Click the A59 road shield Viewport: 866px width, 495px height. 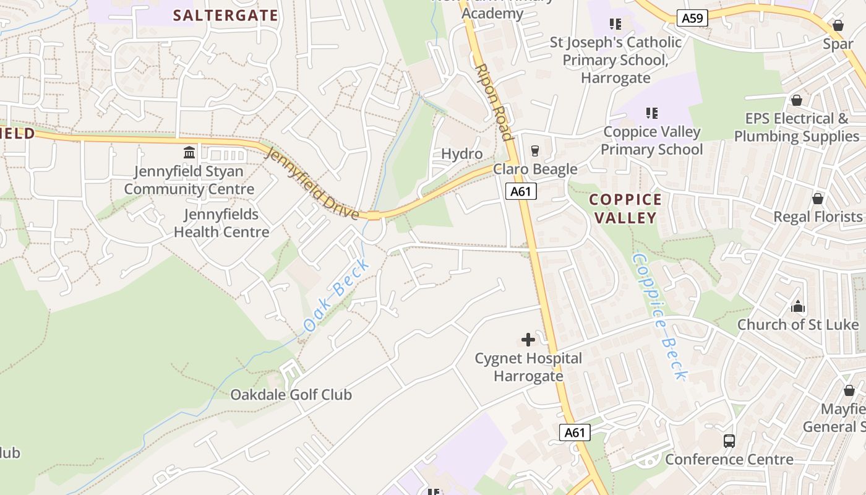(x=692, y=19)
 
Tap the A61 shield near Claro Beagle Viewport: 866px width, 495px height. (x=521, y=191)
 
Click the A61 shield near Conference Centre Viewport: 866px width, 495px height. (x=575, y=433)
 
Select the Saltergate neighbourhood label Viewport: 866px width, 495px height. (x=226, y=15)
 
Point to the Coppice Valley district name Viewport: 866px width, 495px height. (x=625, y=209)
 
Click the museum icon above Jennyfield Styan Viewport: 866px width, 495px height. (x=189, y=152)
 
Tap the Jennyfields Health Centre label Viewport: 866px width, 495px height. (x=221, y=223)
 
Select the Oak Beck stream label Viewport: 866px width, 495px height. (x=337, y=295)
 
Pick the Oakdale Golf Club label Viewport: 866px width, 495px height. (x=291, y=395)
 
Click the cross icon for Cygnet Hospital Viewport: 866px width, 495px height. (x=528, y=339)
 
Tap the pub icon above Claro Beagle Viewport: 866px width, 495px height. (x=535, y=150)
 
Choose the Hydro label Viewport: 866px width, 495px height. (x=461, y=154)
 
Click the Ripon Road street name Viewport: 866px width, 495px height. (x=494, y=102)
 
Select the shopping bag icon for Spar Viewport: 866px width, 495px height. (x=838, y=25)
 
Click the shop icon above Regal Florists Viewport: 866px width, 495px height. (x=818, y=199)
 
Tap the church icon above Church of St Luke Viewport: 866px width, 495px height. (x=798, y=306)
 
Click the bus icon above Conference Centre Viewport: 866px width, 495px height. (x=729, y=441)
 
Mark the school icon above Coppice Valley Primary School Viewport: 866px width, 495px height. (x=651, y=113)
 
